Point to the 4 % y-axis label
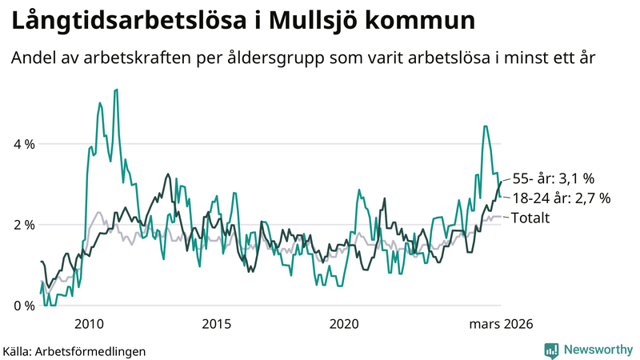click(22, 145)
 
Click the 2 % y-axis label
click(22, 225)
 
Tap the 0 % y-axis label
click(22, 306)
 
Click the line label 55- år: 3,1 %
click(554, 178)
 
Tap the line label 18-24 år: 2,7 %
click(562, 198)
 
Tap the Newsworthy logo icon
click(551, 350)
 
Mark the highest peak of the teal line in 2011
click(117, 90)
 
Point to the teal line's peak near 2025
click(485, 126)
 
